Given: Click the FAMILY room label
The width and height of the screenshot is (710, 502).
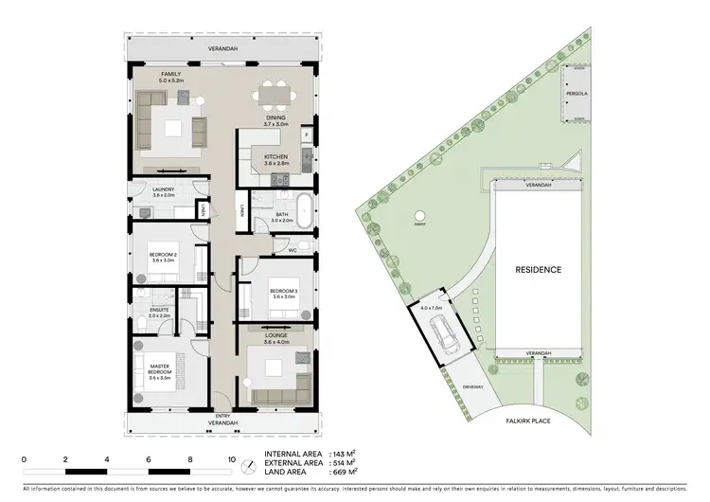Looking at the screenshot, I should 170,74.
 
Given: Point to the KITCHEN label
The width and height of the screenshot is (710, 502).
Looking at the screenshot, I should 276,157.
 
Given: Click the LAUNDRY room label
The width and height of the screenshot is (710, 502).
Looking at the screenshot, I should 163,190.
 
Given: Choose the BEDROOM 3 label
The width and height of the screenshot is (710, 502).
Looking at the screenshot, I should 284,291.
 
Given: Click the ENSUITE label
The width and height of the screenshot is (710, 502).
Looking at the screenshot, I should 160,311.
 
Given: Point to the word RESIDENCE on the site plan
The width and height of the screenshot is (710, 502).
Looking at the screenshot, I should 539,270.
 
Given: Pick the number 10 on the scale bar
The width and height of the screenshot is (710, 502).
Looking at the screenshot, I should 231,459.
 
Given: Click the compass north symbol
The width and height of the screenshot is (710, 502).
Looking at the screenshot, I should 249,465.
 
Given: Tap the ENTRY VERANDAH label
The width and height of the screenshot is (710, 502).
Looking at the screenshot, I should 223,420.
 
